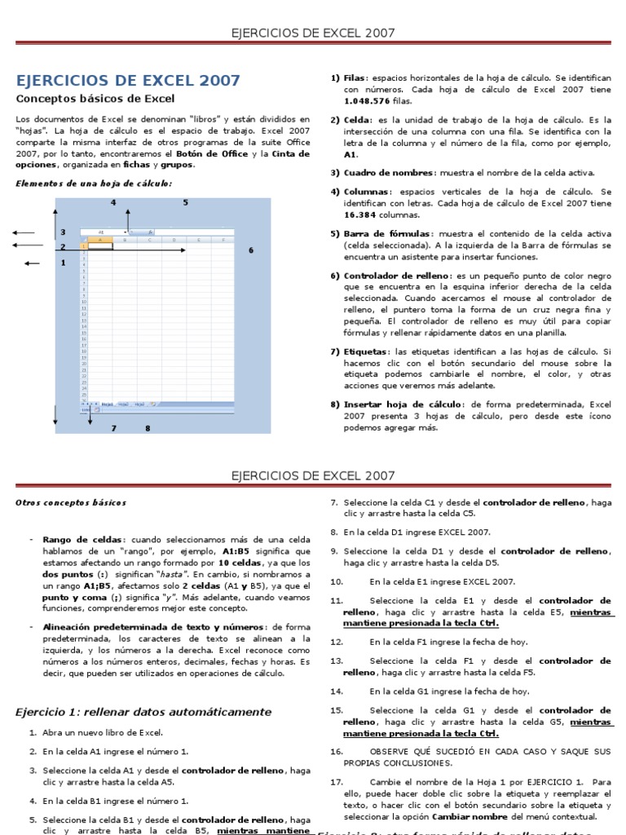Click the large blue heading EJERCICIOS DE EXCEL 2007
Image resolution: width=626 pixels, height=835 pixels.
click(x=129, y=81)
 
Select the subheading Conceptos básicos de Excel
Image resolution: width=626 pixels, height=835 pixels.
click(x=95, y=99)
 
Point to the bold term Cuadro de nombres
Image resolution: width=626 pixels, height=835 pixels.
click(x=389, y=173)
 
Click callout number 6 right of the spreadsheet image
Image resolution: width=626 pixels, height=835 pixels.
click(x=251, y=250)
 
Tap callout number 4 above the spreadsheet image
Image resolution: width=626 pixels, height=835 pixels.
click(x=113, y=202)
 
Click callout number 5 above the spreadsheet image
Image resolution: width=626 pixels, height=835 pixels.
click(x=185, y=202)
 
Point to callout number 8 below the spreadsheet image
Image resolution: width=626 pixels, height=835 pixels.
click(x=148, y=428)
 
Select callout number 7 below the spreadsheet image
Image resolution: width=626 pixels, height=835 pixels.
click(x=113, y=428)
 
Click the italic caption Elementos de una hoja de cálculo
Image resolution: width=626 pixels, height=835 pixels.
click(x=94, y=183)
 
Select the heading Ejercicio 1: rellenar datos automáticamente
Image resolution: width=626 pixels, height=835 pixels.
click(x=143, y=712)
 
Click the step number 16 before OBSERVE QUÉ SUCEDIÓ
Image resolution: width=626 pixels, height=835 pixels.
click(x=337, y=751)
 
